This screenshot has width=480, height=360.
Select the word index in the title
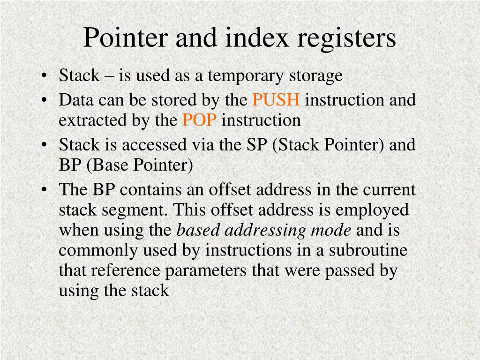[x=255, y=38]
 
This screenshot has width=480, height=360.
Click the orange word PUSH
[x=276, y=100]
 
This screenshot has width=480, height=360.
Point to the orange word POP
[x=199, y=120]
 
